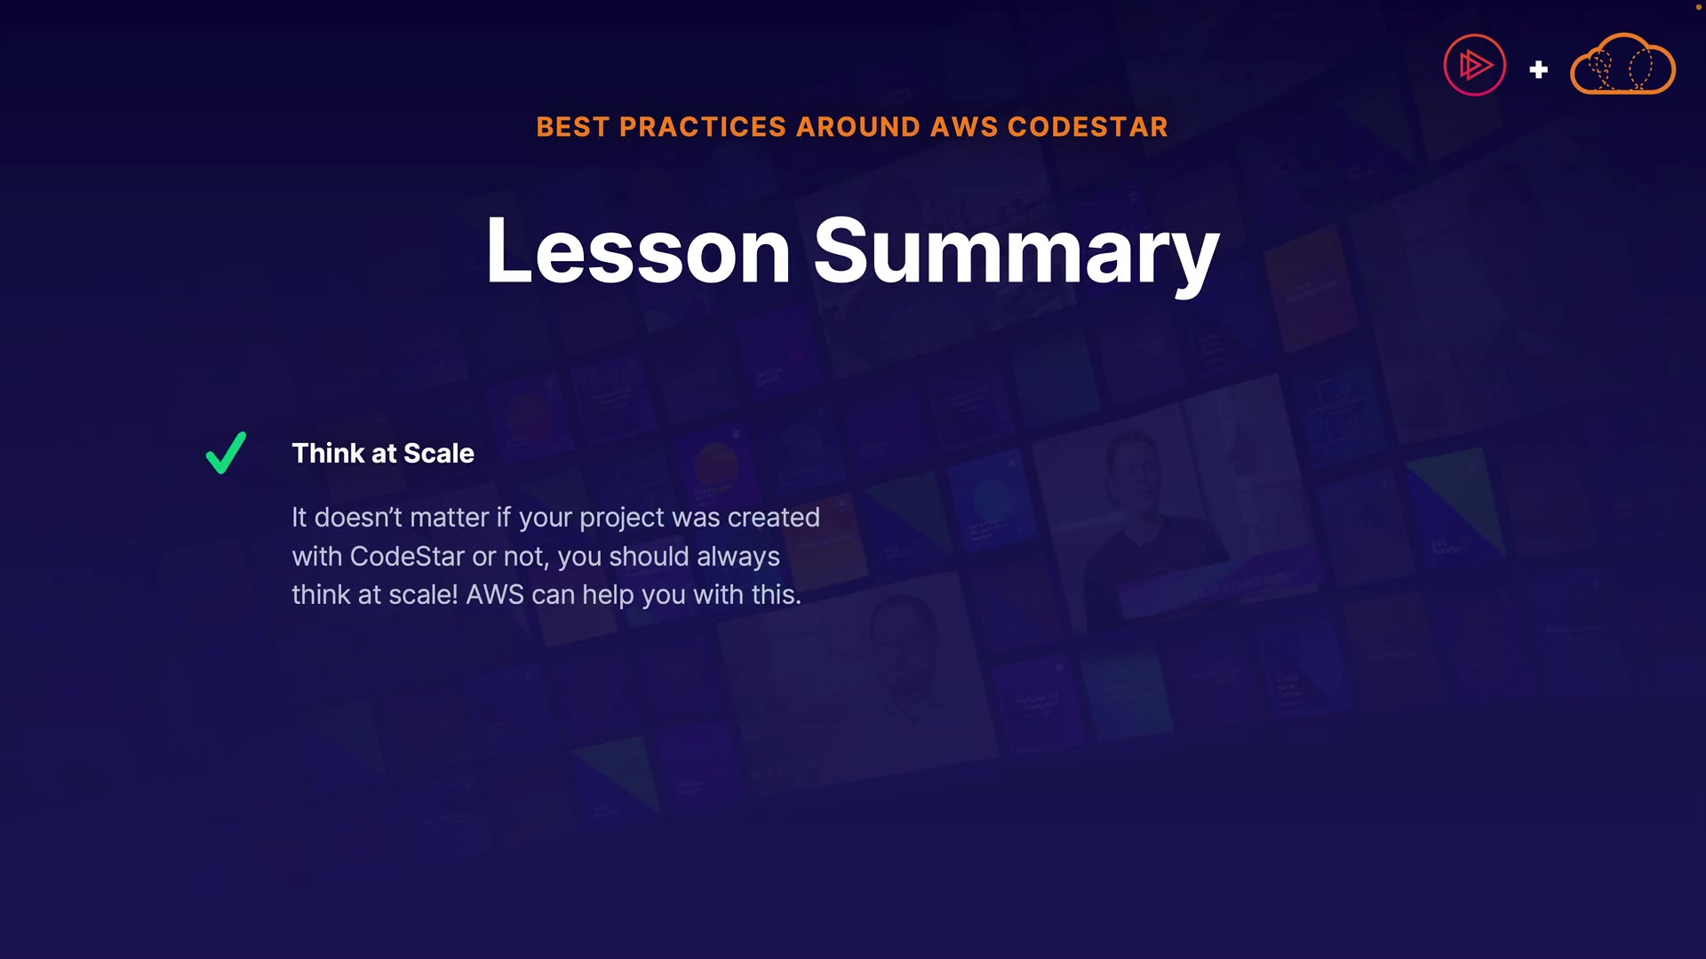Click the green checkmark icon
[x=226, y=453]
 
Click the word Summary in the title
[x=1016, y=255]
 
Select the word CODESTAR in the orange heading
[x=1088, y=127]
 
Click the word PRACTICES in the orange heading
[x=702, y=127]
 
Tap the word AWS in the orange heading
[x=963, y=127]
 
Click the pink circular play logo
[x=1475, y=65]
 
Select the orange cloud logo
[x=1622, y=64]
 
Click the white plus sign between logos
[x=1539, y=69]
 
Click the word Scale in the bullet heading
[x=439, y=453]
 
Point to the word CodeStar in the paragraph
[x=407, y=556]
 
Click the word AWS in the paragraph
[x=495, y=594]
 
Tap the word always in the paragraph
[x=738, y=558]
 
